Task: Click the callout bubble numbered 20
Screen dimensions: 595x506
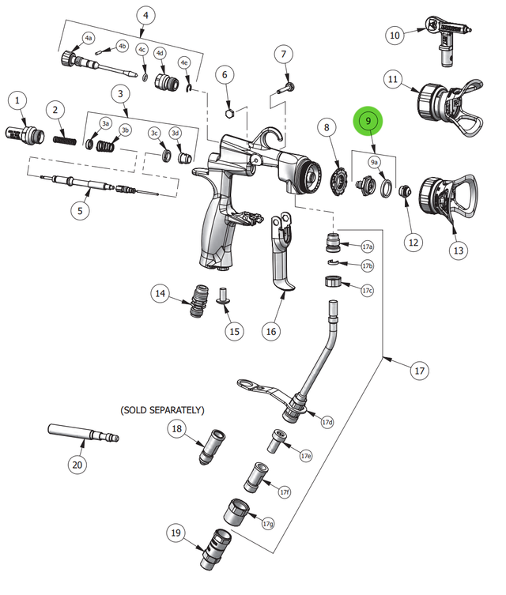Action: click(x=77, y=465)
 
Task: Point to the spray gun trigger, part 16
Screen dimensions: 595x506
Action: click(x=282, y=261)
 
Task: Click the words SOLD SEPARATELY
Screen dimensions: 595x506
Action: click(x=162, y=410)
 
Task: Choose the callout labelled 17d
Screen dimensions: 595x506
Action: click(x=327, y=422)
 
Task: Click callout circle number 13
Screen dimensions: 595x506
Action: click(x=458, y=249)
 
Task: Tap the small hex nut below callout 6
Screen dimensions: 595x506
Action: click(x=228, y=112)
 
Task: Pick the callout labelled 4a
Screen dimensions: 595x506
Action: click(x=88, y=38)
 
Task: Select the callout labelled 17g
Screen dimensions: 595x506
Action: click(x=268, y=523)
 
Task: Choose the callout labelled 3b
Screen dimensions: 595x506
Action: click(x=125, y=130)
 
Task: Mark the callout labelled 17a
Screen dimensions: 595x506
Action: click(x=367, y=247)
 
